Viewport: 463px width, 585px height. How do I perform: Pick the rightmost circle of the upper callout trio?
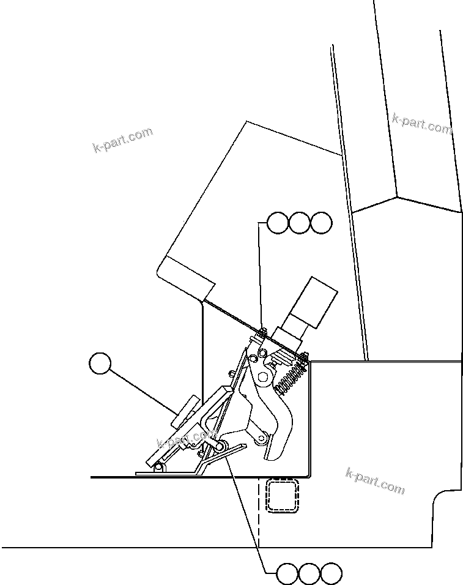click(320, 223)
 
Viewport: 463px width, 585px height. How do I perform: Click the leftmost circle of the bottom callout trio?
click(287, 574)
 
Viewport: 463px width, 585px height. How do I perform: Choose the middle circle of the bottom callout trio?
click(309, 574)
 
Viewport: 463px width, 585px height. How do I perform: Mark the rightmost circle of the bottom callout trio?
click(332, 574)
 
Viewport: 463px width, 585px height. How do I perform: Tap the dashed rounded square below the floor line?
click(282, 494)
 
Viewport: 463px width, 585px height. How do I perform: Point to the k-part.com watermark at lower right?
click(375, 481)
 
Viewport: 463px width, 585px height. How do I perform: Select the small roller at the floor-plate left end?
click(158, 468)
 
